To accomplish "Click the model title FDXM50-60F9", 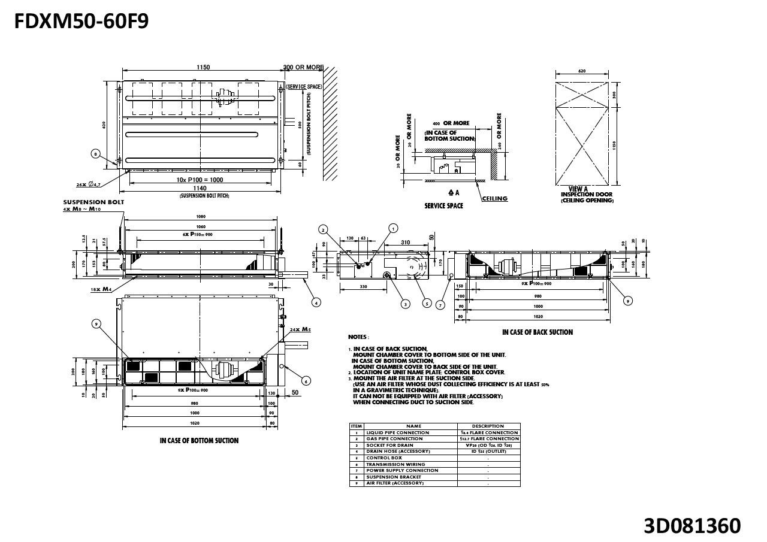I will [x=81, y=21].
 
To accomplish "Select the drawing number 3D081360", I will [x=692, y=525].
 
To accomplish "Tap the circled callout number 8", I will [x=95, y=154].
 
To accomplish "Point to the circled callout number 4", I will [x=317, y=302].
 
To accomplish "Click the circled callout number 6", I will [x=306, y=380].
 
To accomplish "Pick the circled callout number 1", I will [x=393, y=228].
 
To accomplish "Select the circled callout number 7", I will [x=441, y=305].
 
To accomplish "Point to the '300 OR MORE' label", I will [x=303, y=68].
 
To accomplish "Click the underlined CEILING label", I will [x=495, y=199].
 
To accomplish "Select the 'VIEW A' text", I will [x=578, y=189].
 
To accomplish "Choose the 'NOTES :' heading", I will [x=358, y=337].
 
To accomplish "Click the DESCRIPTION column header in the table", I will [x=488, y=426].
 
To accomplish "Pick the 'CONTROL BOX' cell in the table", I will [x=384, y=458].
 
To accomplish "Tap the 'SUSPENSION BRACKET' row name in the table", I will [x=394, y=477].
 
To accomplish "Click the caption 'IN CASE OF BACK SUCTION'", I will [x=537, y=332].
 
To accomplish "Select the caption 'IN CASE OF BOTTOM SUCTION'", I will [x=199, y=441].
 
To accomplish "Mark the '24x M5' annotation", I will [x=300, y=329].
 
